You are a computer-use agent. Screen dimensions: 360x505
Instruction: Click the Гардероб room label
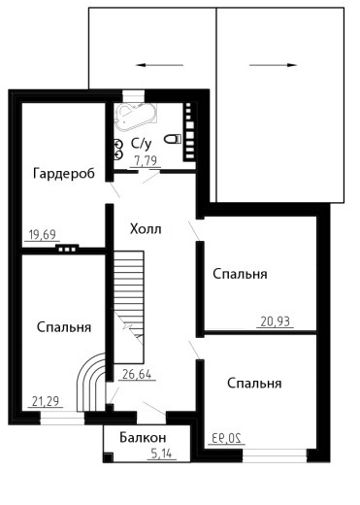(64, 173)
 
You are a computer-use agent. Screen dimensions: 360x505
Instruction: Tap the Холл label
(146, 229)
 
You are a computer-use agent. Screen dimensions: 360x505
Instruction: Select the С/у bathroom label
(141, 144)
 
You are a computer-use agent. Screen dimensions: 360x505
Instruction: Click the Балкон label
(143, 438)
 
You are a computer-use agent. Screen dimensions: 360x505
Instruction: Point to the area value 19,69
(42, 234)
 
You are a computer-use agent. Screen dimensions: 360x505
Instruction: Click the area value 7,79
(146, 160)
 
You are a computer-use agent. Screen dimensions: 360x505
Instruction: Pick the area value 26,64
(137, 375)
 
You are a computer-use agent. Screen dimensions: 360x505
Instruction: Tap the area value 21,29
(46, 401)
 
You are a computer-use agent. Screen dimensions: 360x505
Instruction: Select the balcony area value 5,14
(161, 454)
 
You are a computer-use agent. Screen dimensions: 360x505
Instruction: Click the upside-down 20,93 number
(226, 438)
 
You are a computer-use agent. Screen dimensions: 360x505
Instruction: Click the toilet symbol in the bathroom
(173, 139)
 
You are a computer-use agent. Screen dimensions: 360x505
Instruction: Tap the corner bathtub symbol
(136, 118)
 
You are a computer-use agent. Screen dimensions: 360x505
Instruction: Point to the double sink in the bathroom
(118, 150)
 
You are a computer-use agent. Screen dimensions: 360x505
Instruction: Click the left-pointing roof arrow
(159, 65)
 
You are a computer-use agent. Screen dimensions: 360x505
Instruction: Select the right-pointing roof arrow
(274, 65)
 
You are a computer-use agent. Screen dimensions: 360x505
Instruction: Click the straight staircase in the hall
(128, 306)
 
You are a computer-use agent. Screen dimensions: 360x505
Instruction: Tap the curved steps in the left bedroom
(91, 382)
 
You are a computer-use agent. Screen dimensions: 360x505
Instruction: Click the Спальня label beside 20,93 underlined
(240, 274)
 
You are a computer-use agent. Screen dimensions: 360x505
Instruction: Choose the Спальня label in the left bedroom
(64, 327)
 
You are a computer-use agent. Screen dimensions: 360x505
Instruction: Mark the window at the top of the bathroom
(133, 96)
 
